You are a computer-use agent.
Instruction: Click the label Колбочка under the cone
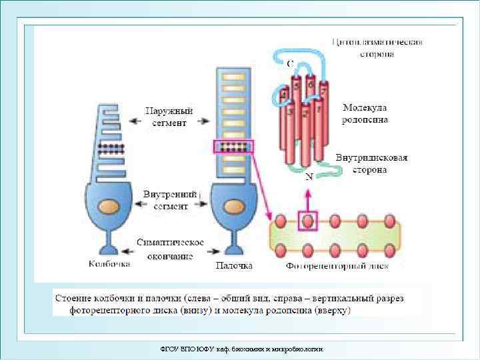tap(109, 265)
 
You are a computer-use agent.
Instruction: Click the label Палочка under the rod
tap(233, 265)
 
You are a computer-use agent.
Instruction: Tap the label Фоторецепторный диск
tap(337, 266)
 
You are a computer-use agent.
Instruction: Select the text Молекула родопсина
tap(365, 113)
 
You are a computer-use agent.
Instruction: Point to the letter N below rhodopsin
tap(309, 177)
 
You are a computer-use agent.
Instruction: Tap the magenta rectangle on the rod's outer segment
tap(233, 147)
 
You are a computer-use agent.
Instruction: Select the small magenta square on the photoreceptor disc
tap(307, 220)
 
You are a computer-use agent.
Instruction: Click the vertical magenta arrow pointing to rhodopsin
tap(307, 197)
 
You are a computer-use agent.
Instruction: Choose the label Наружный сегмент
tap(169, 116)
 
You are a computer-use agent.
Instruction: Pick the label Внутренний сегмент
tap(171, 200)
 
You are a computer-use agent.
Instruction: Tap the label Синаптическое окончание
tap(170, 248)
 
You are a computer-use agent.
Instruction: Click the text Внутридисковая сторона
tap(371, 164)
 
